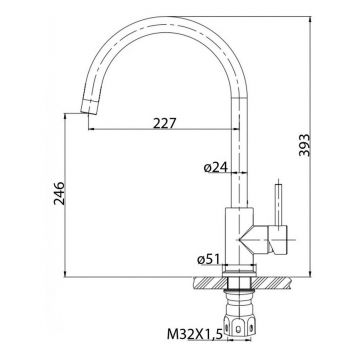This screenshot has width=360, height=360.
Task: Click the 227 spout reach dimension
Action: click(164, 123)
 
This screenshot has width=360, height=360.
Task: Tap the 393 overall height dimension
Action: click(304, 145)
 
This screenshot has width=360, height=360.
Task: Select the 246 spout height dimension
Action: click(59, 193)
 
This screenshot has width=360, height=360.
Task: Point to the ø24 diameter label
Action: click(216, 168)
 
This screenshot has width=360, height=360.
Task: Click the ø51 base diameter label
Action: click(209, 259)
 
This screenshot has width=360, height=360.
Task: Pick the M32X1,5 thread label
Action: click(195, 334)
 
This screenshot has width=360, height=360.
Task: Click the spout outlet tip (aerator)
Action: click(89, 107)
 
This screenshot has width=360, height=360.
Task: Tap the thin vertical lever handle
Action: click(278, 204)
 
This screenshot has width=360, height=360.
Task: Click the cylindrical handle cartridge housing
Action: click(277, 240)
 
